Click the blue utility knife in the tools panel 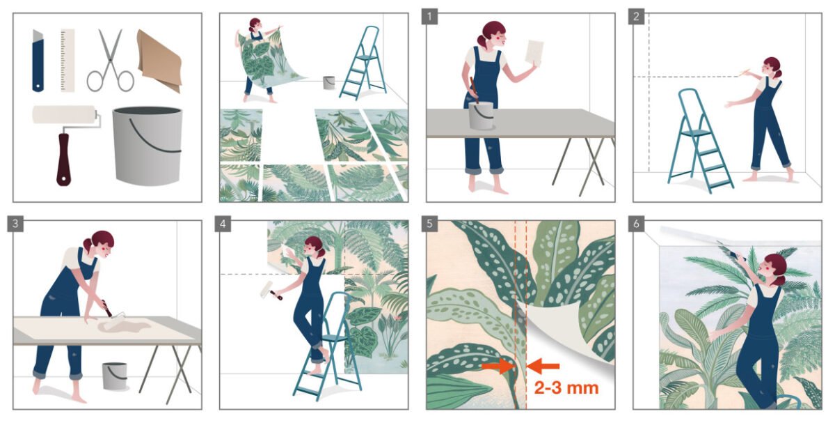pos(38,61)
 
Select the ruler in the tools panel pos(67,60)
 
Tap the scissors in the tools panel pos(111,61)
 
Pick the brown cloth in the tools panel pos(159,60)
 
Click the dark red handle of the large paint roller pos(63,159)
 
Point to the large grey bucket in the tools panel pos(148,146)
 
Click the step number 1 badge pos(430,17)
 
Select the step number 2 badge pos(636,17)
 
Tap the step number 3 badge pos(15,224)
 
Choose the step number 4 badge pos(223,224)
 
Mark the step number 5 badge pos(430,224)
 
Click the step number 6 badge pos(636,224)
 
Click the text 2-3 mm pos(566,388)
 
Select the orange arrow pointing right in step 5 pos(498,367)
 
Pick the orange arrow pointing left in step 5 pos(543,367)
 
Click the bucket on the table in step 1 pos(482,116)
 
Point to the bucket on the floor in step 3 pos(115,376)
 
